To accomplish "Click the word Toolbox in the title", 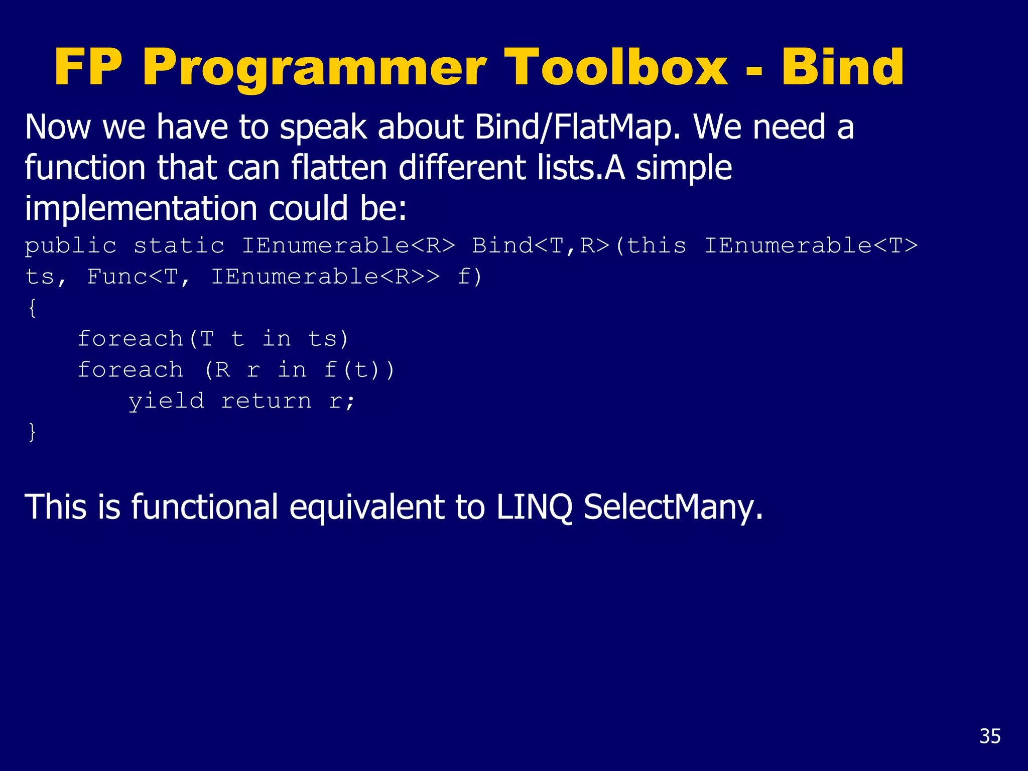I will coord(616,68).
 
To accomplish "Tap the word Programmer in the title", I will coord(314,68).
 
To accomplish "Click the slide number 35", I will coord(990,736).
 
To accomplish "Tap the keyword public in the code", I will coord(71,246).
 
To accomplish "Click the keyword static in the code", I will coord(179,246).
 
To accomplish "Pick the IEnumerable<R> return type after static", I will coord(348,246).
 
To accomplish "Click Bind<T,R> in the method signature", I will coord(541,246).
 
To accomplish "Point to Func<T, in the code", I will coord(139,277).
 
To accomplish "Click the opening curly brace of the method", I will coord(32,307).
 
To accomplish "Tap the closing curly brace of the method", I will coord(32,432).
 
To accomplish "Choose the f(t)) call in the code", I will coord(359,370).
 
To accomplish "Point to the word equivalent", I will coord(366,507).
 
